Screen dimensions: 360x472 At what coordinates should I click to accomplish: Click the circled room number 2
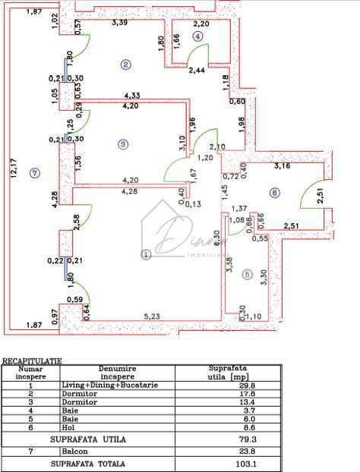point(125,65)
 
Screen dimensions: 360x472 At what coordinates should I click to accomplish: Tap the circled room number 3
point(122,143)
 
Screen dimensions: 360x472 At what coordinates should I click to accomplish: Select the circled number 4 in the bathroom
point(198,36)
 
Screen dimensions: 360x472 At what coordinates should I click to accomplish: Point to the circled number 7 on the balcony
point(33,173)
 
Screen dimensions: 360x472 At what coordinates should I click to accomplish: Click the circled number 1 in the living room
point(146,255)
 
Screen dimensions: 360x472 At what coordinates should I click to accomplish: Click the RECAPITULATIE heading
point(32,361)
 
